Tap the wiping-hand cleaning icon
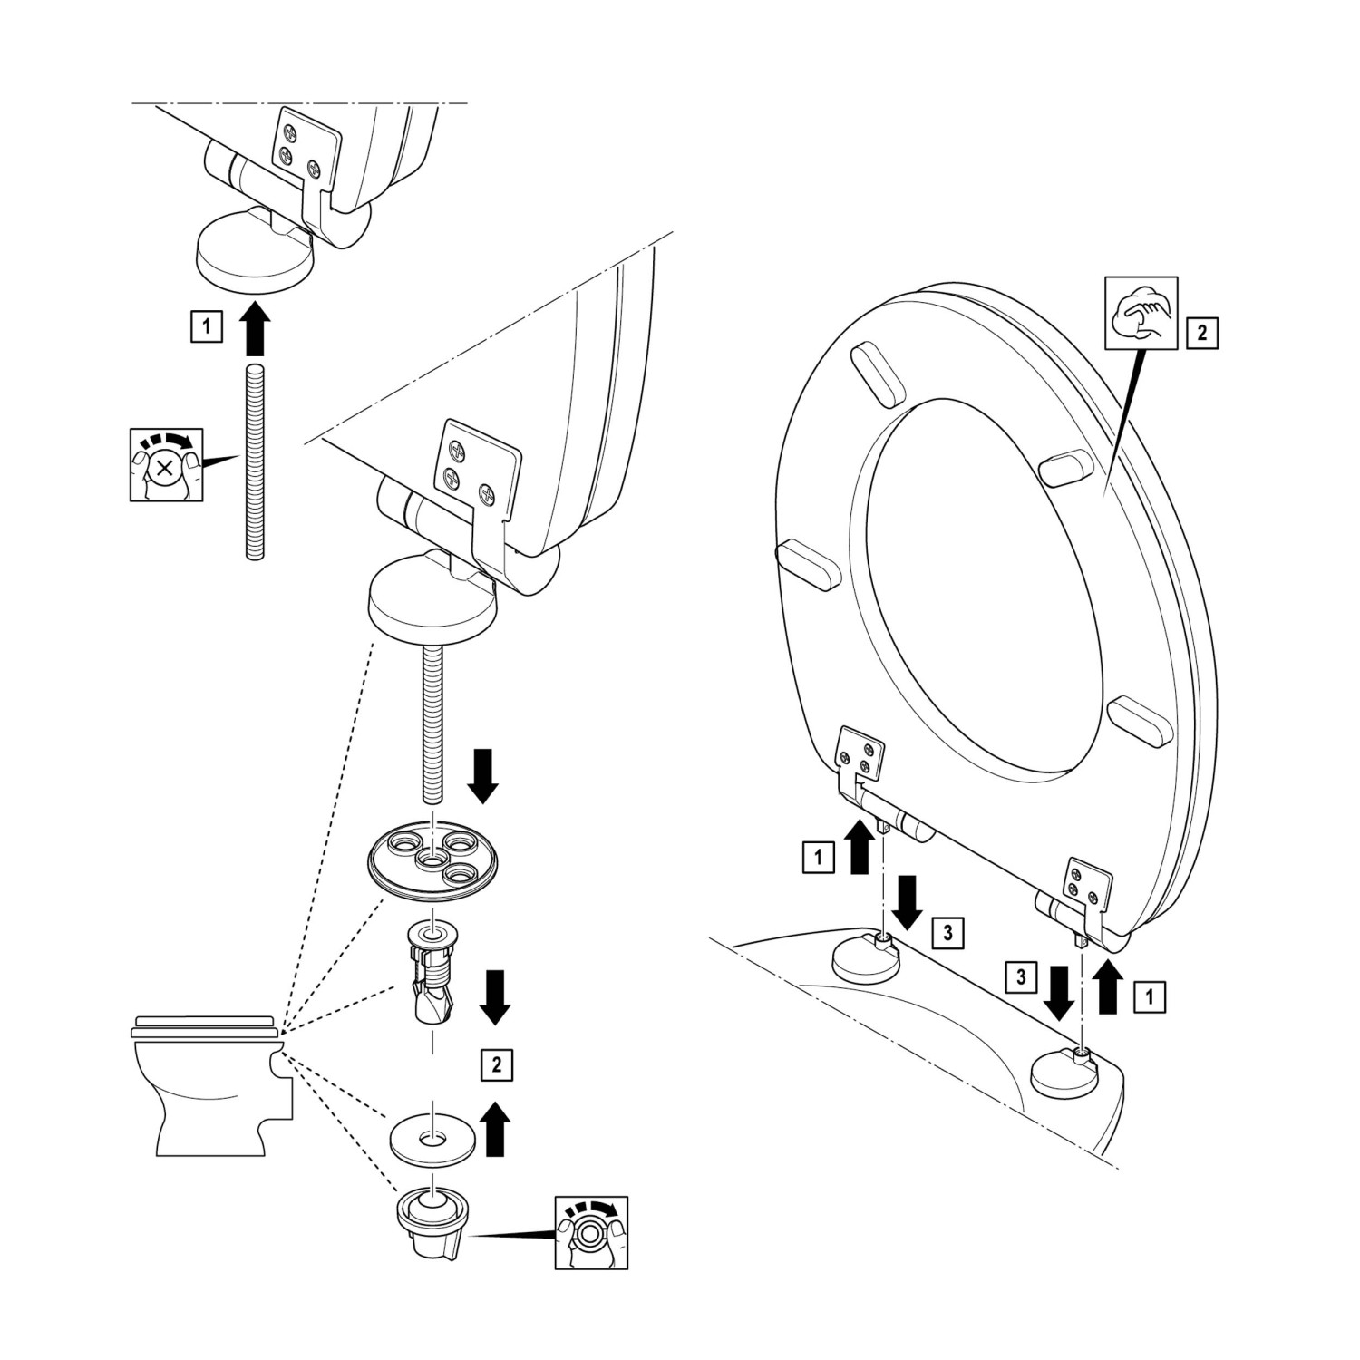point(1141,313)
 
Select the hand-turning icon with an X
point(165,465)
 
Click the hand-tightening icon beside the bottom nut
point(591,1232)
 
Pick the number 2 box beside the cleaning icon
point(1202,333)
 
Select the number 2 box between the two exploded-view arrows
point(496,1065)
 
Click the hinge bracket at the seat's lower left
point(859,756)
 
